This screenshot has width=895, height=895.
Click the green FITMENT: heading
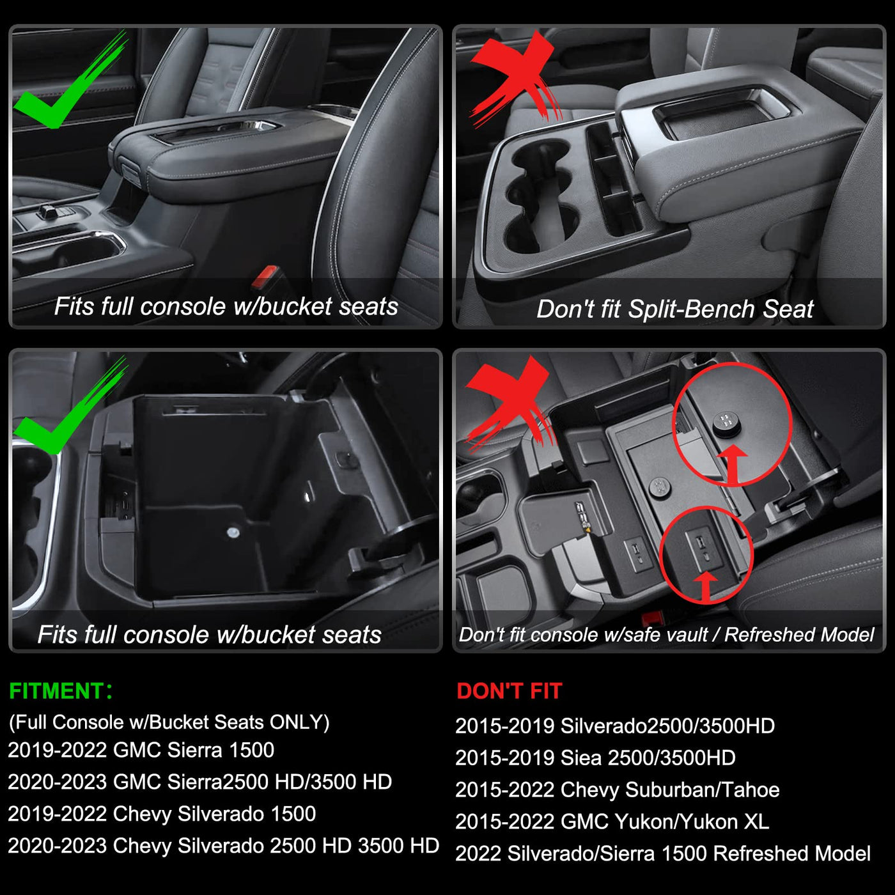61,691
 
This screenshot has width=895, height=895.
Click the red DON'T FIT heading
509,691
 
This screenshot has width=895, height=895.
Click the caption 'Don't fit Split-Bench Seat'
674,309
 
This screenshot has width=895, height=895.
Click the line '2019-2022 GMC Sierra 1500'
141,751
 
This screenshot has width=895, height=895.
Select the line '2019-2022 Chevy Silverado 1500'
162,814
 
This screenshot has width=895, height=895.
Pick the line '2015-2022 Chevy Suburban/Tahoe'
618,790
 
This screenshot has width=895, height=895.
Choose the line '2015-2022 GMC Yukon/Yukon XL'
612,821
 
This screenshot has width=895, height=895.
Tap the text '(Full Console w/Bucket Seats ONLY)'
169,722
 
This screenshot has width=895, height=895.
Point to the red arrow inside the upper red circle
733,465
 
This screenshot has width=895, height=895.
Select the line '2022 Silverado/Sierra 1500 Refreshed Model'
663,853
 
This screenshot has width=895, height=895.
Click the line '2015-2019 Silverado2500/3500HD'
615,726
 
